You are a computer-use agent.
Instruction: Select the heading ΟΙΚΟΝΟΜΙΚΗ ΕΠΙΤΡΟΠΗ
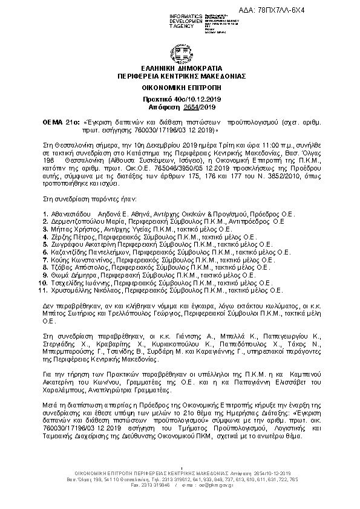pos(179,88)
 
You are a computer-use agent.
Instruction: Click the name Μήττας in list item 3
pos(63,230)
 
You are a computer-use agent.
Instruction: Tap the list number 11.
pos(42,290)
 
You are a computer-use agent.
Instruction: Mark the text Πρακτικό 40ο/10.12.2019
pos(179,97)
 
